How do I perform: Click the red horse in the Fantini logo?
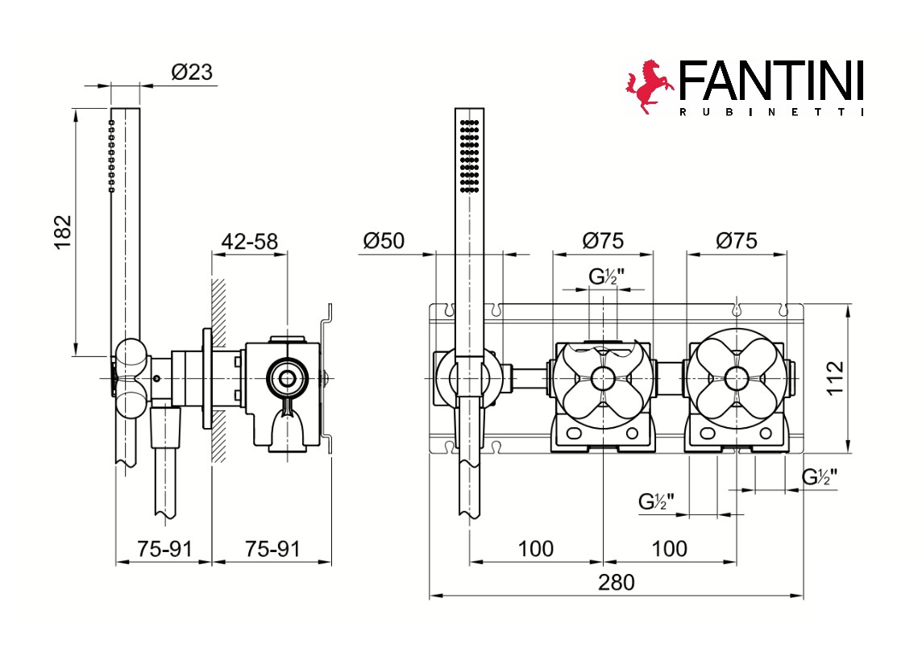click(649, 86)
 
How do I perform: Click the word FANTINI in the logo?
click(770, 81)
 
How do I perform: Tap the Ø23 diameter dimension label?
click(192, 73)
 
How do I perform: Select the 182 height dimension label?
click(62, 232)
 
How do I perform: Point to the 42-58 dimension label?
click(249, 241)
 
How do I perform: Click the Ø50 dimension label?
click(384, 240)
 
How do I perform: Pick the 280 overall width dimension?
click(617, 583)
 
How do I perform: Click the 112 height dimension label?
click(835, 378)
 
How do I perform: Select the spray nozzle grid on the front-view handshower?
click(469, 156)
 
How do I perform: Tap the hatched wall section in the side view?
click(218, 370)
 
